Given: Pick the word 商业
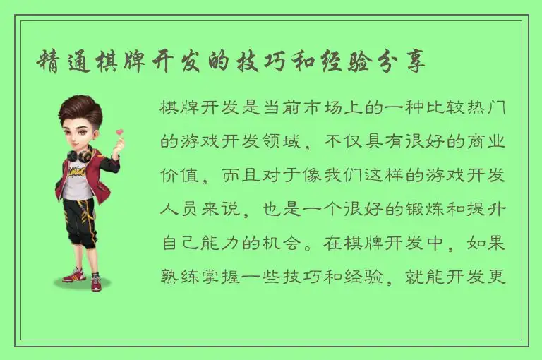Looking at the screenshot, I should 487,142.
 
